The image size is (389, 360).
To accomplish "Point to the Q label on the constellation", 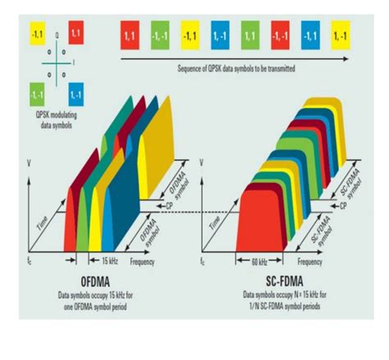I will click(x=56, y=37).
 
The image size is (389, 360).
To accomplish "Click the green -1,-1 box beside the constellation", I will click(x=37, y=91).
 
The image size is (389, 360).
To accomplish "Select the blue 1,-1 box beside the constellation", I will click(x=77, y=91).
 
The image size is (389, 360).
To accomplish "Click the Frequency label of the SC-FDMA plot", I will click(x=309, y=262).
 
